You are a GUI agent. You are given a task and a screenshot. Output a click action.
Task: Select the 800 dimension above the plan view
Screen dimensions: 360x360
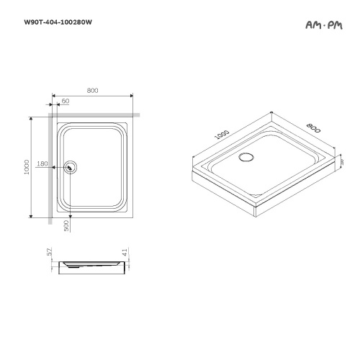[92, 90]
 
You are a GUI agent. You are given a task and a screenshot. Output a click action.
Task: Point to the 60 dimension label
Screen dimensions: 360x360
[66, 102]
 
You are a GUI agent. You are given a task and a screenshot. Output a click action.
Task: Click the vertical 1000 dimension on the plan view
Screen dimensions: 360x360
[27, 166]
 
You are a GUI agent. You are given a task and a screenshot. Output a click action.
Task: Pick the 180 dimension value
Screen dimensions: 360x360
[41, 164]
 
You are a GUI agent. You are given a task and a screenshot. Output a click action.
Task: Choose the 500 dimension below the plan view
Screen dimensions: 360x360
[66, 225]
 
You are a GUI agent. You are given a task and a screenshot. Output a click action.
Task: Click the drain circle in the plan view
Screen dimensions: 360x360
[70, 166]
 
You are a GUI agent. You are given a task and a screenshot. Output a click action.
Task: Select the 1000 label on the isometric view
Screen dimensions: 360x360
[222, 134]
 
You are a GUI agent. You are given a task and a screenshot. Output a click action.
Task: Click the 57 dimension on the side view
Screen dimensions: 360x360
[50, 253]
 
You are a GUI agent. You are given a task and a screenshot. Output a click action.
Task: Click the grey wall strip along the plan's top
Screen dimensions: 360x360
[92, 114]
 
